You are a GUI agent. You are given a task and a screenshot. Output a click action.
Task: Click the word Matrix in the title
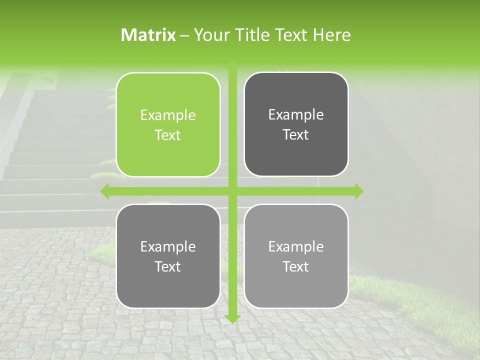pos(148,35)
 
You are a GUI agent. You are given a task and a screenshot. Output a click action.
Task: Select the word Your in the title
pos(208,35)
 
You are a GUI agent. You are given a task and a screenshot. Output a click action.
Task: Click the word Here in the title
pos(332,35)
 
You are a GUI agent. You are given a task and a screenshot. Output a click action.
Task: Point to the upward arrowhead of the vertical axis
pos(232,64)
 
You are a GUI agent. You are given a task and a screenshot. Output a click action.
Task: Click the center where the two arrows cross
pos(232,191)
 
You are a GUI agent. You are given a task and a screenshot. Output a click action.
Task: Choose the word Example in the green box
pos(168,115)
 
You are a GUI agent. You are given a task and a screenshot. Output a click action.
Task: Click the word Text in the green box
pos(168,135)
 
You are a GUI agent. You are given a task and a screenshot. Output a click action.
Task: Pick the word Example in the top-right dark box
pos(296,115)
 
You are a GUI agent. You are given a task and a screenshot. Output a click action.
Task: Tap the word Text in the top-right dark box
pos(296,135)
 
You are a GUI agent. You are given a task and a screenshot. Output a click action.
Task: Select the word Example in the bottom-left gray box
pos(168,247)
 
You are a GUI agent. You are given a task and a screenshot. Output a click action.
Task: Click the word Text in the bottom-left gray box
pos(168,267)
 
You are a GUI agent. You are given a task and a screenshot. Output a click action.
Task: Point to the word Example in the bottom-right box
pos(296,247)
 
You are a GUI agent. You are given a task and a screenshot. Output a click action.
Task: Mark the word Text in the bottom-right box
pos(296,267)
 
